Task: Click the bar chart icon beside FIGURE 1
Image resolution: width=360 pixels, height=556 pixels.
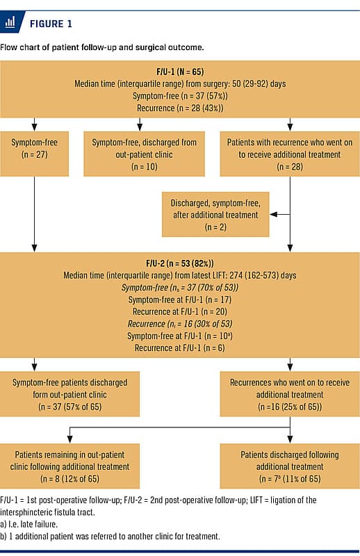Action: [10, 22]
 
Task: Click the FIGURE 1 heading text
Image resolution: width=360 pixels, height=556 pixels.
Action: [51, 24]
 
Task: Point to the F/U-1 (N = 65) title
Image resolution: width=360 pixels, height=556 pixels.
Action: [180, 72]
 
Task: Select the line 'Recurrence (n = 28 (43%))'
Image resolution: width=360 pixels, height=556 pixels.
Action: [180, 108]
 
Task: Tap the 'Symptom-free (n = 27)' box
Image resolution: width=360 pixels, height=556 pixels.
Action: [35, 154]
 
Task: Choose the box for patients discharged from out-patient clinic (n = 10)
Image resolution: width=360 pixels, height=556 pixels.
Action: [144, 154]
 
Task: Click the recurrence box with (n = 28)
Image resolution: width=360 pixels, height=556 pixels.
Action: [290, 154]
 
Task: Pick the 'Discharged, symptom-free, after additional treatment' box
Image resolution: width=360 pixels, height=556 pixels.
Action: [215, 214]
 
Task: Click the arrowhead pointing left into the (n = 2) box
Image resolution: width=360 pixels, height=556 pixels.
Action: [272, 214]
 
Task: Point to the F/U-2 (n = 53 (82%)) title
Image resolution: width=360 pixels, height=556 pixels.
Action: [180, 263]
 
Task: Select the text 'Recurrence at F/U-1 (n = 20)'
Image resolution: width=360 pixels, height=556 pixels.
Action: [180, 311]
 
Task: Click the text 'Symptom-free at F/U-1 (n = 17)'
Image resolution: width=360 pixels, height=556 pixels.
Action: [180, 300]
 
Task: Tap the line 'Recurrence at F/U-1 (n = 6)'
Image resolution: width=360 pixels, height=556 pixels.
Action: [180, 348]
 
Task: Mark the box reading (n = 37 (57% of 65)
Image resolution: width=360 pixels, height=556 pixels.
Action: [70, 394]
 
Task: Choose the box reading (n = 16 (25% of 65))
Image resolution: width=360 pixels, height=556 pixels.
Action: [290, 394]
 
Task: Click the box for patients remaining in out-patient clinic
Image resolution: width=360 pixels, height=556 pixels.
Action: [70, 466]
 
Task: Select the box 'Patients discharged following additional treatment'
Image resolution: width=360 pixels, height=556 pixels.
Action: [290, 466]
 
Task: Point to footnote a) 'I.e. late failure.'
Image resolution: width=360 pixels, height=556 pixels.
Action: [28, 524]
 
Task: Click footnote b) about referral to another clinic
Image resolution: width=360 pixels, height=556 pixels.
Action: [110, 536]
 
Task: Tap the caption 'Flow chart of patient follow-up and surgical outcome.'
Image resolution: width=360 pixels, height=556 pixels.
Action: [102, 47]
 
